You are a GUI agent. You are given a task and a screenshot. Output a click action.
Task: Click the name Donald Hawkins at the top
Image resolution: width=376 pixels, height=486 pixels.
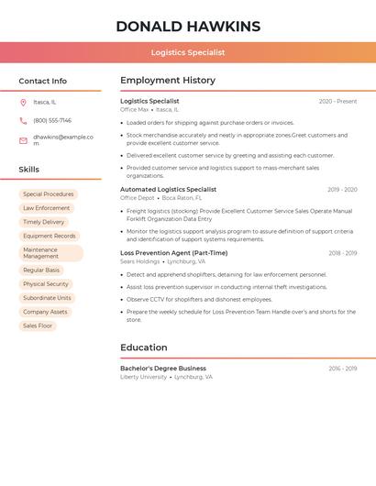point(188,27)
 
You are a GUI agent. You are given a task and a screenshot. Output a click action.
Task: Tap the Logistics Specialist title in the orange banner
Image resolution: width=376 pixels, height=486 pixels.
point(188,53)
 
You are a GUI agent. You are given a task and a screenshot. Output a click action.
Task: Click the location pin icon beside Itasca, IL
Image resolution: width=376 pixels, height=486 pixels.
point(23,103)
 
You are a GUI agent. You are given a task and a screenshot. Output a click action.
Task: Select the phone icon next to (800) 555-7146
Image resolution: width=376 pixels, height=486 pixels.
point(23,121)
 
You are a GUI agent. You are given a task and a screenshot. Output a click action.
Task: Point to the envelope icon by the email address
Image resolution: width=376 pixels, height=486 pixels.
point(23,140)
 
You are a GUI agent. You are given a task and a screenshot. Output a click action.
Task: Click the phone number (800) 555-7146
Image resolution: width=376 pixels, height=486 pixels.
point(52,121)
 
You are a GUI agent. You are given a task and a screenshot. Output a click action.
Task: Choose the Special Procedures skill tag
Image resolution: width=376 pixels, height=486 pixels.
point(49,194)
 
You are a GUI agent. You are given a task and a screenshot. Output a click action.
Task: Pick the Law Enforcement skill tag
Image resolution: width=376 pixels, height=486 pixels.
point(47,208)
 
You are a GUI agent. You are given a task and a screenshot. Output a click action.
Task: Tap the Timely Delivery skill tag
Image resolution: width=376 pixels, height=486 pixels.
point(44,222)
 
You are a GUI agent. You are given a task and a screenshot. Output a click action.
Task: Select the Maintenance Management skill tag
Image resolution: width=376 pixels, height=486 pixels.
point(50,253)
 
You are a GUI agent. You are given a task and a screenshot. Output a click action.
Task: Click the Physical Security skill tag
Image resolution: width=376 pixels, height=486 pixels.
point(46,284)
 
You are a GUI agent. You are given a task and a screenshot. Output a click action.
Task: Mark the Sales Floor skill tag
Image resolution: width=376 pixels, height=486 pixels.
point(38,326)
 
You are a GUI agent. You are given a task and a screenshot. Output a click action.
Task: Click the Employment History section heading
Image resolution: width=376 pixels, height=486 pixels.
point(168,81)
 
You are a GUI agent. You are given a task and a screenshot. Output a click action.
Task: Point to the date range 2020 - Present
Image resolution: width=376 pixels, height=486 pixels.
point(337,102)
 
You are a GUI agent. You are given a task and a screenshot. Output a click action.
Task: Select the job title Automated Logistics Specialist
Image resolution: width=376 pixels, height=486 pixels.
point(168,190)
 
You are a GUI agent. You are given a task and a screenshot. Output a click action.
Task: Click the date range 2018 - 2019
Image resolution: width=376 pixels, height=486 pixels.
point(342,253)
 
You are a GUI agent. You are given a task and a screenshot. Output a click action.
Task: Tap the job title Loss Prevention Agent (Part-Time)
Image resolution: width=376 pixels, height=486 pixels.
point(173,253)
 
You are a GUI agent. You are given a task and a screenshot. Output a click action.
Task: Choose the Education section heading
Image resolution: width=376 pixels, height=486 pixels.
point(144,348)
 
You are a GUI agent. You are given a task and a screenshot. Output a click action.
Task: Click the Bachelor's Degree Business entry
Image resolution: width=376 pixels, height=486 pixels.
point(163,369)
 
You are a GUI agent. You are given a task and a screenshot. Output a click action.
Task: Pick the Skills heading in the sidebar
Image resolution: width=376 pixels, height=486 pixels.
point(29,170)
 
